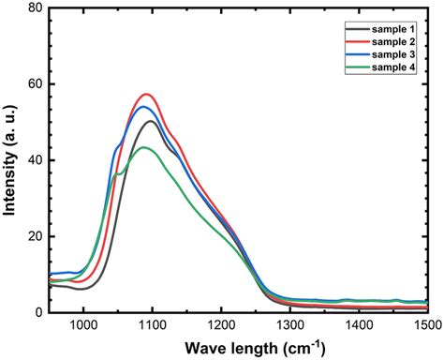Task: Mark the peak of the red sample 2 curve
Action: (x=146, y=94)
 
